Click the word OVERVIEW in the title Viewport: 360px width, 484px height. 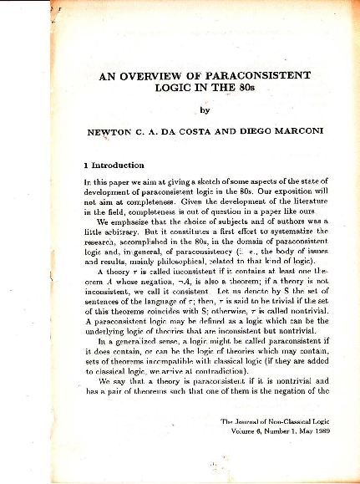click(155, 74)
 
